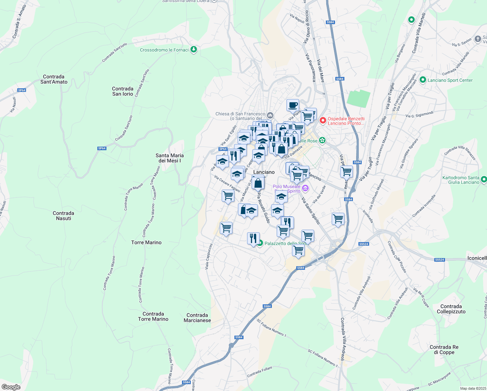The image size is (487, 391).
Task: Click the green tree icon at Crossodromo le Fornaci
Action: pyautogui.click(x=194, y=50)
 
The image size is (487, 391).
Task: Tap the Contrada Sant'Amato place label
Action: pyautogui.click(x=54, y=79)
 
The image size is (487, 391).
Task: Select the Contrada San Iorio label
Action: pyautogui.click(x=122, y=91)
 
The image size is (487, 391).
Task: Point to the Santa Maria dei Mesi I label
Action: pyautogui.click(x=169, y=158)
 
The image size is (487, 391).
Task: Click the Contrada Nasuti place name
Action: pyautogui.click(x=63, y=216)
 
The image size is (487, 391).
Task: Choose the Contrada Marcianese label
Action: pyautogui.click(x=197, y=318)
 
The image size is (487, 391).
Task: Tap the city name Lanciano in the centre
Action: pyautogui.click(x=264, y=172)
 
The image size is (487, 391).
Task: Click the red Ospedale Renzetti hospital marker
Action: pyautogui.click(x=323, y=121)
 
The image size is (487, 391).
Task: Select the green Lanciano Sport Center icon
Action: pyautogui.click(x=423, y=80)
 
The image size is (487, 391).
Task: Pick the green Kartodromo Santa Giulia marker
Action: pyautogui.click(x=483, y=179)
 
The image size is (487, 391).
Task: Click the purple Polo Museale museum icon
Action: pyautogui.click(x=305, y=188)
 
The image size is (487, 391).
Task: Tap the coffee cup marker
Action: pyautogui.click(x=293, y=105)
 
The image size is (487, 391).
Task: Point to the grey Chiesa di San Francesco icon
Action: pyautogui.click(x=270, y=115)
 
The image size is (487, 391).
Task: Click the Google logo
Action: pyautogui.click(x=11, y=387)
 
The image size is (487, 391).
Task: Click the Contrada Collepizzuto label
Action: pyautogui.click(x=451, y=309)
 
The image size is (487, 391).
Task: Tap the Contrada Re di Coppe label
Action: pyautogui.click(x=444, y=350)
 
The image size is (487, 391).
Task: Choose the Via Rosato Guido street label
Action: pyautogui.click(x=263, y=208)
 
